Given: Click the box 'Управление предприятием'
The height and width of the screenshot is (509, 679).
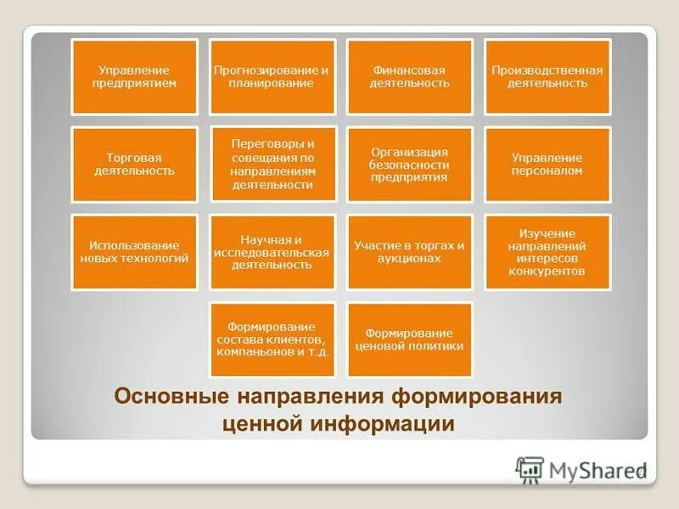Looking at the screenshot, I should [135, 76].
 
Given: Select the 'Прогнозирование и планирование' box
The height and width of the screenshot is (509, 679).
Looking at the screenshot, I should [272, 76].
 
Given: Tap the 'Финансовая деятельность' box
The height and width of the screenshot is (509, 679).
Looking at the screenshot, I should [409, 76].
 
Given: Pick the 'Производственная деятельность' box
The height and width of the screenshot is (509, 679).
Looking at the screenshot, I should [547, 76].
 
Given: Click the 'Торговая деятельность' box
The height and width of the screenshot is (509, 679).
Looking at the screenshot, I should [135, 165].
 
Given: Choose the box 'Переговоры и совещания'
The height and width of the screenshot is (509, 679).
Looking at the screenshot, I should [272, 165].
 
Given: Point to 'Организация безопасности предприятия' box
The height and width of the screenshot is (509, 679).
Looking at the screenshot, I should [409, 165].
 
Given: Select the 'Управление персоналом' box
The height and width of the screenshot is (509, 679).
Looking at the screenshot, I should [547, 165].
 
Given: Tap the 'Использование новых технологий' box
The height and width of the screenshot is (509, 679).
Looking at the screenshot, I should [135, 252].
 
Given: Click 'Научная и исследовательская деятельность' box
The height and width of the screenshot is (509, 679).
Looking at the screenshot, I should [272, 252].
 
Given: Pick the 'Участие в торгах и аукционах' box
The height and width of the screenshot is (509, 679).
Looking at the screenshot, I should [409, 252].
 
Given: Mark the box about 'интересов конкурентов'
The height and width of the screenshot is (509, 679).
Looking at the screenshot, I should [547, 252].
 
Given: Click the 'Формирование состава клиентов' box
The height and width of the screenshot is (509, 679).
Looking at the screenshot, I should [272, 339].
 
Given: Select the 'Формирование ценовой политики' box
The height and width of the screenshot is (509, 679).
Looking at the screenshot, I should [409, 339].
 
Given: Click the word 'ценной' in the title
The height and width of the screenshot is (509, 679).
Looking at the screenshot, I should [265, 423].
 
